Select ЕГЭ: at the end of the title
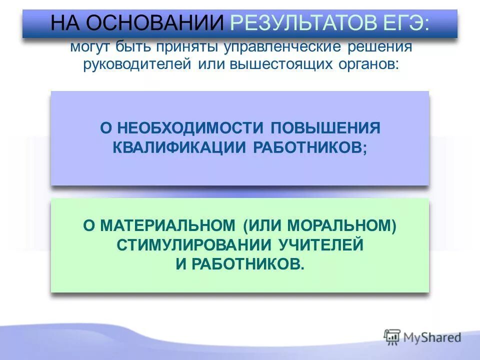[x=409, y=23]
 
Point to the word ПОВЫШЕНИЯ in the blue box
[x=325, y=128]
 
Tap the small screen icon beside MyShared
[x=392, y=337]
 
